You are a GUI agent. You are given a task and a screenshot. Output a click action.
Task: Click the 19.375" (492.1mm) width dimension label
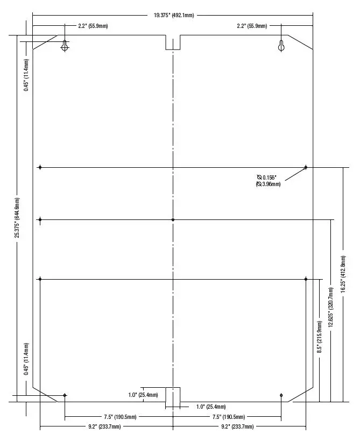pyautogui.click(x=174, y=15)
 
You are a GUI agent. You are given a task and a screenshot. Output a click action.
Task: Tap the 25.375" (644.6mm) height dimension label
pyautogui.click(x=17, y=218)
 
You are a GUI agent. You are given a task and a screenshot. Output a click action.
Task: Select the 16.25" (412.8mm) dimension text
pyautogui.click(x=343, y=274)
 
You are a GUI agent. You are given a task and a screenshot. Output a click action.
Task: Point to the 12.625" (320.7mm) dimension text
pyautogui.click(x=330, y=307)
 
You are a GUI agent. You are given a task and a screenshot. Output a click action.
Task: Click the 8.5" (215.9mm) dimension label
pyautogui.click(x=320, y=337)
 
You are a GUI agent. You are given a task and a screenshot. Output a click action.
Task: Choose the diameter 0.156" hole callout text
pyautogui.click(x=268, y=181)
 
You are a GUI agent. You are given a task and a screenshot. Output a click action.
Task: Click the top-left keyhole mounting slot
pyautogui.click(x=65, y=46)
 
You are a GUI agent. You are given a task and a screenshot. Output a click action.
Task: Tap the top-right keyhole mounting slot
pyautogui.click(x=281, y=46)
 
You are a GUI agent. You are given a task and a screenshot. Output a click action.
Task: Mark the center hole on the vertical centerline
pyautogui.click(x=173, y=220)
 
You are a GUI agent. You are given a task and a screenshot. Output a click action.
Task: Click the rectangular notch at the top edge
pyautogui.click(x=173, y=42)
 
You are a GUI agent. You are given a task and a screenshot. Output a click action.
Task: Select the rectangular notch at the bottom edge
pyautogui.click(x=173, y=394)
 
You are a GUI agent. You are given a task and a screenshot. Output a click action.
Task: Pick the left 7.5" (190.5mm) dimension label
pyautogui.click(x=120, y=417)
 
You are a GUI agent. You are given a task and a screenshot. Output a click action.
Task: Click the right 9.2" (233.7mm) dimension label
pyautogui.click(x=237, y=426)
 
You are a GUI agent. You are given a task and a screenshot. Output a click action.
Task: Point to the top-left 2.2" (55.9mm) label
pyautogui.click(x=93, y=26)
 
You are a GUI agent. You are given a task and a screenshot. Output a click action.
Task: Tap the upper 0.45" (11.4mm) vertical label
pyautogui.click(x=26, y=75)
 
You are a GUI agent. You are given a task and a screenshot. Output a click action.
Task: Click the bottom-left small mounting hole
pyautogui.click(x=65, y=395)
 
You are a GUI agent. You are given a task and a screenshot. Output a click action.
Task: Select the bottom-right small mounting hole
pyautogui.click(x=281, y=395)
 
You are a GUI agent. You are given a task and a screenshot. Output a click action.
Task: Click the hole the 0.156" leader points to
pyautogui.click(x=306, y=167)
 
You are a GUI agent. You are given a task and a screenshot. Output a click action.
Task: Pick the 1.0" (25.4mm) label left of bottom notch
pyautogui.click(x=143, y=395)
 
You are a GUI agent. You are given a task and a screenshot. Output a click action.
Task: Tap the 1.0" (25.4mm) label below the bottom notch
pyautogui.click(x=211, y=407)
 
